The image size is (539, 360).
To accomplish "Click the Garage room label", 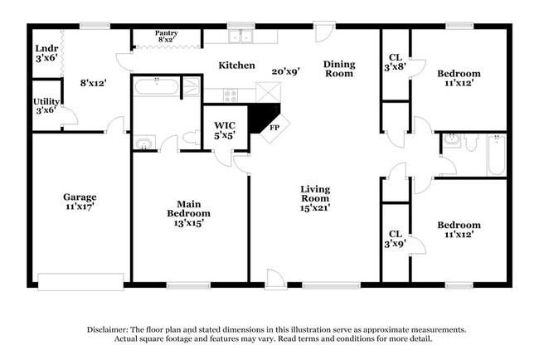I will point(80,202).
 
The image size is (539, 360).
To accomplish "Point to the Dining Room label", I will point(338,69).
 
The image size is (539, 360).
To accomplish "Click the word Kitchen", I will point(236,65).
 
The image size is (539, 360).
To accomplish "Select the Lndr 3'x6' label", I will point(46,53).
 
